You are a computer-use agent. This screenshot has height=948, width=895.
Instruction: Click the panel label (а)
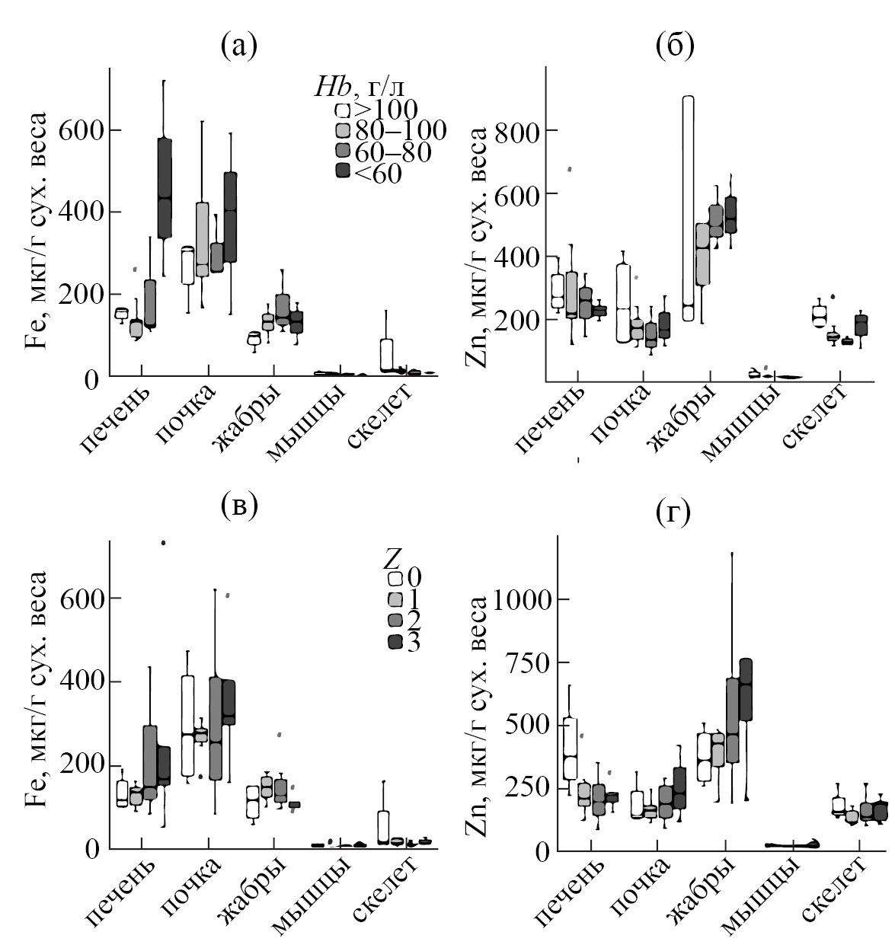click(x=238, y=47)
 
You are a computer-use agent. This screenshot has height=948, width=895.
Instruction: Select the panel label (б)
click(x=674, y=47)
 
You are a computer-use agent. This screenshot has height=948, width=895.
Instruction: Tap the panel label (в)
click(x=238, y=505)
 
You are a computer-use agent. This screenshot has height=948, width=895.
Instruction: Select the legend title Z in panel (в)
click(x=393, y=559)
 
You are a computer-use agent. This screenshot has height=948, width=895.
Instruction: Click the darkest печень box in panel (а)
click(x=165, y=188)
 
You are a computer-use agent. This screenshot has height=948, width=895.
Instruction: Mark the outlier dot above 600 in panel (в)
click(x=163, y=543)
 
